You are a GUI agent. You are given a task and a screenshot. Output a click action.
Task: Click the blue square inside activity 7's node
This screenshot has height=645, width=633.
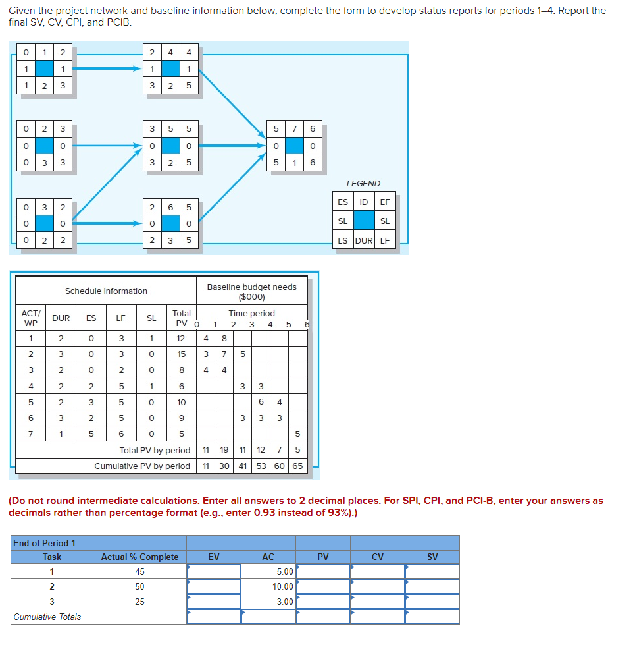click(x=294, y=145)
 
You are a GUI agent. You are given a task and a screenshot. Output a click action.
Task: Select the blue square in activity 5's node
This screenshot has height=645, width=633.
click(x=170, y=145)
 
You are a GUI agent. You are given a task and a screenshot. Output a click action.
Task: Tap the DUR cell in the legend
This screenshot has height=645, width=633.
click(x=363, y=240)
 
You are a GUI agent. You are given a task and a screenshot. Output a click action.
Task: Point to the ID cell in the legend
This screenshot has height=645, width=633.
click(x=363, y=202)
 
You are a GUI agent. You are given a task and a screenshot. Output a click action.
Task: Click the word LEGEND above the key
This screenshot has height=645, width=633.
click(x=363, y=184)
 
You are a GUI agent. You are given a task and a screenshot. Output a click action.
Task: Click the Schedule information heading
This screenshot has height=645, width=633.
click(x=106, y=291)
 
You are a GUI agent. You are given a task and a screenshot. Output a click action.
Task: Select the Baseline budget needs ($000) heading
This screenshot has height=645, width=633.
click(x=251, y=291)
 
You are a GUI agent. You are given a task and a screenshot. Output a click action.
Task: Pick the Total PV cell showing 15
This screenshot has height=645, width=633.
click(x=181, y=354)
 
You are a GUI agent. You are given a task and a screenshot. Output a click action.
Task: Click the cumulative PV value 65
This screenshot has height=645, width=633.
click(x=297, y=466)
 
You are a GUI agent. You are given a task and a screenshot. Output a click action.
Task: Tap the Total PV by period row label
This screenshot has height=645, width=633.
click(x=155, y=451)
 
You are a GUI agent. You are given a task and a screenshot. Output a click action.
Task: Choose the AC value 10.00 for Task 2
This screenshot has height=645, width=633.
click(x=283, y=586)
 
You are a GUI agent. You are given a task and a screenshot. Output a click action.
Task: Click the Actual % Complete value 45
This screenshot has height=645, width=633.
click(x=139, y=571)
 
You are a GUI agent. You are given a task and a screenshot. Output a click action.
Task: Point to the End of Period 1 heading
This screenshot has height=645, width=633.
click(x=45, y=543)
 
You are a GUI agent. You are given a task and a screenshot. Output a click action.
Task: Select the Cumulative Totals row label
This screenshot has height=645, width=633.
click(x=47, y=617)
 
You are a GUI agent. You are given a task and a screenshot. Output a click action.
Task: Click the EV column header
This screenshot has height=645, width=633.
click(x=214, y=557)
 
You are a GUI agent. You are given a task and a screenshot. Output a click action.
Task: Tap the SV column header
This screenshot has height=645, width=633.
click(x=432, y=557)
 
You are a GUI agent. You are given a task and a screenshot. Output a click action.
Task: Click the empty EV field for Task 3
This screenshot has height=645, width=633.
click(x=214, y=602)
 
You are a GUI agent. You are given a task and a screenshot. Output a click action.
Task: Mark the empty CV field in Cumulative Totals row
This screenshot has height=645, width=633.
click(x=377, y=617)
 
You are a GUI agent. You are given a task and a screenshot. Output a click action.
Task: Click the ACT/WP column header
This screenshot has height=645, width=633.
click(x=30, y=318)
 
